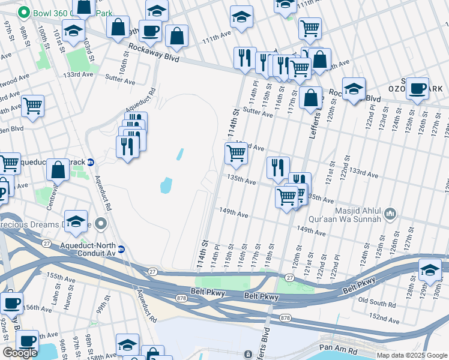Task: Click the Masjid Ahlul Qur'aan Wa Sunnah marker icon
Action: [x=391, y=214]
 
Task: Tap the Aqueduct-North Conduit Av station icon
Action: [x=121, y=249]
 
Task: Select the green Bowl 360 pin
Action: [x=23, y=12]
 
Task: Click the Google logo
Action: [x=20, y=353]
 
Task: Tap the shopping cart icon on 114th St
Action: [x=237, y=154]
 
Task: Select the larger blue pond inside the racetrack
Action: [x=166, y=185]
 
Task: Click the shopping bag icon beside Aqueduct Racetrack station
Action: [x=58, y=170]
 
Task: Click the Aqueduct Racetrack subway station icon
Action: [x=91, y=162]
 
